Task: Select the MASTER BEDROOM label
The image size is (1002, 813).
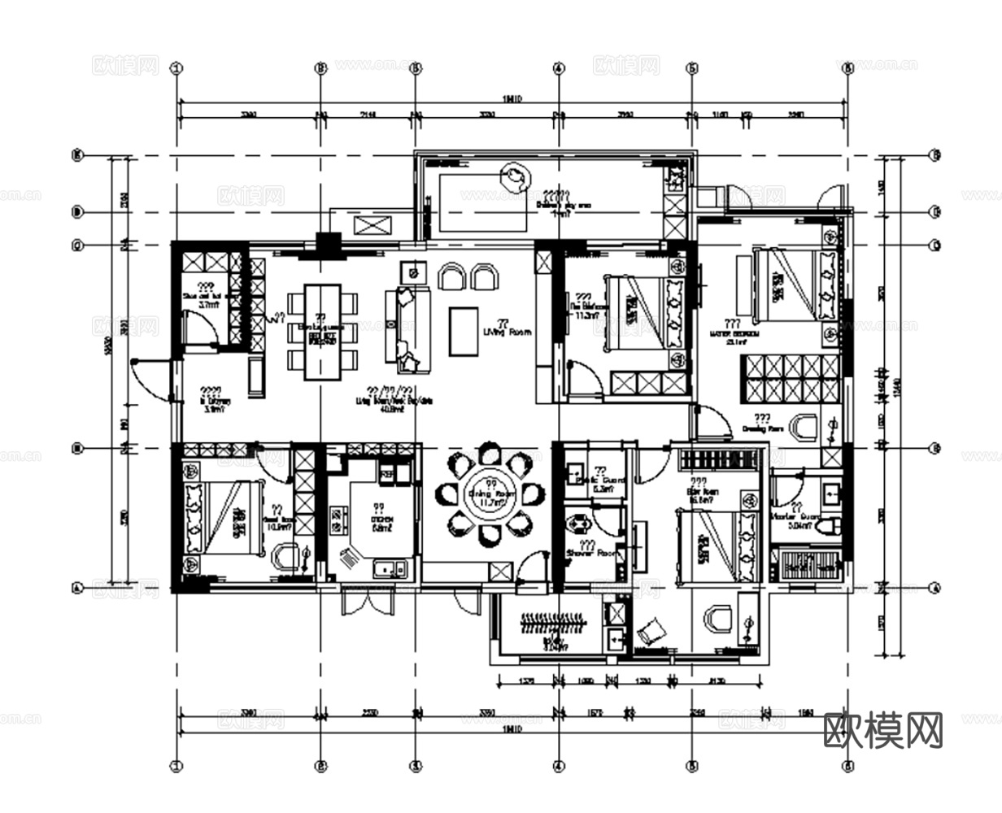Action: point(734,333)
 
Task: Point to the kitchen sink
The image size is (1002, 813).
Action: point(390,568)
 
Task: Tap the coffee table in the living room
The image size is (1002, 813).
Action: point(464,331)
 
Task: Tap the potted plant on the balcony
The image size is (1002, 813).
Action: point(514,173)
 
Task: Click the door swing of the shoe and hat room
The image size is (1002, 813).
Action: point(200,330)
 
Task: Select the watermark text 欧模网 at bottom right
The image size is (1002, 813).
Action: point(883,729)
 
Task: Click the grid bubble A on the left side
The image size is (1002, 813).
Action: point(79,587)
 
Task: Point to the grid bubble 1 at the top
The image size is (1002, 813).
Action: point(176,68)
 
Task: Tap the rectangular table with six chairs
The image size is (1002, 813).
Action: point(322,332)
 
